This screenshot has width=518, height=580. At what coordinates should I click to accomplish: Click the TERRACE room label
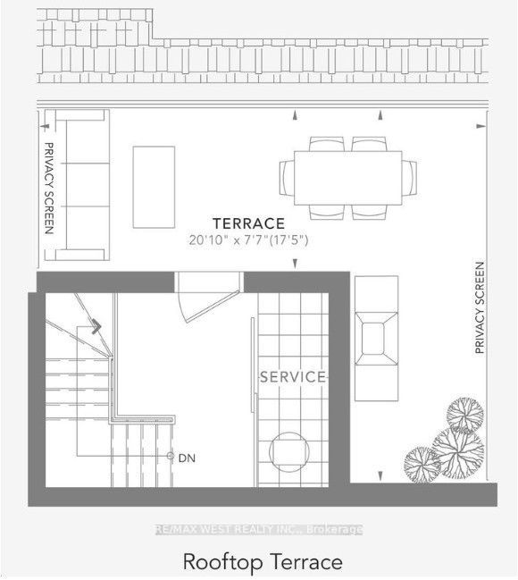(248, 223)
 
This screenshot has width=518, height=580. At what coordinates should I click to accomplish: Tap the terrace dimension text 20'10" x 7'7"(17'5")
(248, 240)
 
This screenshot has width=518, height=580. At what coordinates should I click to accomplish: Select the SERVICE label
(293, 377)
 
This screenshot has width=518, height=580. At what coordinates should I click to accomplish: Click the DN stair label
(187, 458)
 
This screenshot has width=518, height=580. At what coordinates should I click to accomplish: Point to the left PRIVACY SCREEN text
(49, 189)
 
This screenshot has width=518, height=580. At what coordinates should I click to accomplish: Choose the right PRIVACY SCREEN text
(480, 307)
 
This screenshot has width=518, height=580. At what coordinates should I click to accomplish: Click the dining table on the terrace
(348, 178)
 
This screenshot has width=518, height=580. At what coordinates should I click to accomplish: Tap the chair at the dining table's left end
(287, 178)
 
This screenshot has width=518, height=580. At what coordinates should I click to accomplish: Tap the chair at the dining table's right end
(409, 178)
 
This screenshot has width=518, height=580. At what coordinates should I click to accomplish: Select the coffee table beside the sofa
(154, 187)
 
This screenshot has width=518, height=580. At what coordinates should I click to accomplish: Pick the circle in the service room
(288, 451)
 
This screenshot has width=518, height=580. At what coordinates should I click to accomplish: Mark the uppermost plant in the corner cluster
(464, 415)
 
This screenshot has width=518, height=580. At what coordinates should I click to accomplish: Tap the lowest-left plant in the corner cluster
(422, 464)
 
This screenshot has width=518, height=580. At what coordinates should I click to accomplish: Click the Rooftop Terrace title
(263, 561)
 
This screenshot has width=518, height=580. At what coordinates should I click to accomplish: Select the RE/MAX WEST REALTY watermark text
(258, 530)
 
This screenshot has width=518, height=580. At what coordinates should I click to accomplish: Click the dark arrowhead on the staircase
(96, 326)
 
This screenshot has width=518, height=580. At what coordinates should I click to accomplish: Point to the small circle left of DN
(170, 456)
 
